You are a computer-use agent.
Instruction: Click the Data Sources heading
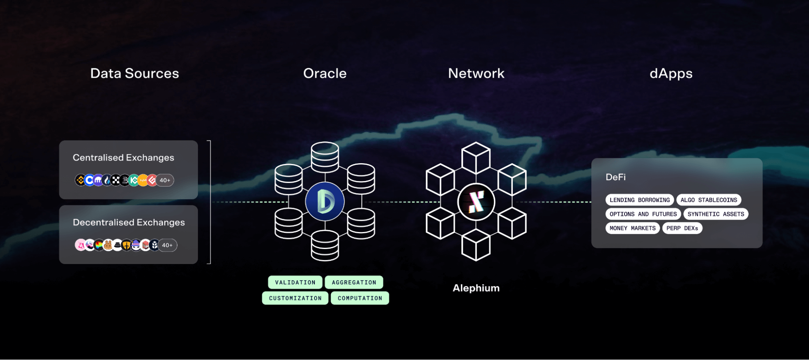coord(134,73)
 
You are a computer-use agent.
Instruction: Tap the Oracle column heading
coord(325,73)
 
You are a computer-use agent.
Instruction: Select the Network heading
coord(476,73)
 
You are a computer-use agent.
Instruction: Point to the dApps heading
coord(671,73)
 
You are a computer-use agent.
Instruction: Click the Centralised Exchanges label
coord(123,158)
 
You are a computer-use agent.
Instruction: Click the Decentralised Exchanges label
coord(129,222)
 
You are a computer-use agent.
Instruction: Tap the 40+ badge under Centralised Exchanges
coord(165,180)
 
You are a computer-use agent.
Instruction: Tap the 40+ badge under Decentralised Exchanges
coord(167,245)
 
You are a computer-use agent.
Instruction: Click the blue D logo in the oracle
coord(325,201)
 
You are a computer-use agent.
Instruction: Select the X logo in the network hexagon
coord(476,202)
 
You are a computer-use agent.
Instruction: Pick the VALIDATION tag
coord(295,282)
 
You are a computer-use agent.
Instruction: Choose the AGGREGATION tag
coord(354,282)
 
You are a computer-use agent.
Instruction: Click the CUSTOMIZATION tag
coord(295,298)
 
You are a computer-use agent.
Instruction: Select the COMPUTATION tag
coord(360,298)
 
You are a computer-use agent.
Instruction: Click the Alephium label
coord(476,288)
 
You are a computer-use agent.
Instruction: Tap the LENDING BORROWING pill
coord(639,200)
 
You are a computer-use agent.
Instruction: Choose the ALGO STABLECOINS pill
coord(709,200)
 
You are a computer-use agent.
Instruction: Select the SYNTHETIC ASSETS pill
coord(716,214)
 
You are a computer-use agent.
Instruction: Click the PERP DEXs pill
coord(682,228)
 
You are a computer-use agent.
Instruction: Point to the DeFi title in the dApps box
coord(616,177)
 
